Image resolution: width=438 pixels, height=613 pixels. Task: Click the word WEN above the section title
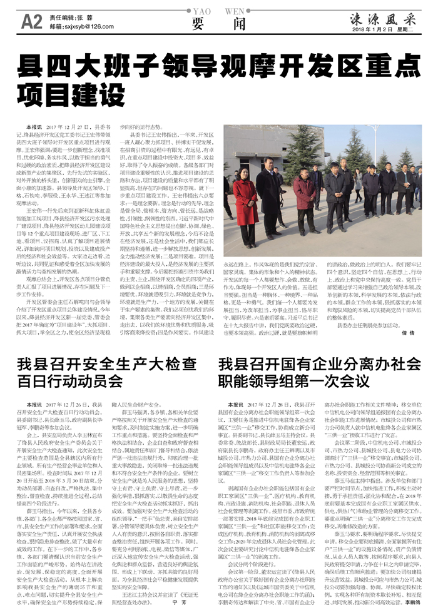[x=233, y=10]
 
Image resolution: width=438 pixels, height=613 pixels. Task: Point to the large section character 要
[x=198, y=24]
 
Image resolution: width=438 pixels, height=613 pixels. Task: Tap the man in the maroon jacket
[x=305, y=200]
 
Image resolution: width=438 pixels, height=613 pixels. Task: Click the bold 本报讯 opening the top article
[x=26, y=127]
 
